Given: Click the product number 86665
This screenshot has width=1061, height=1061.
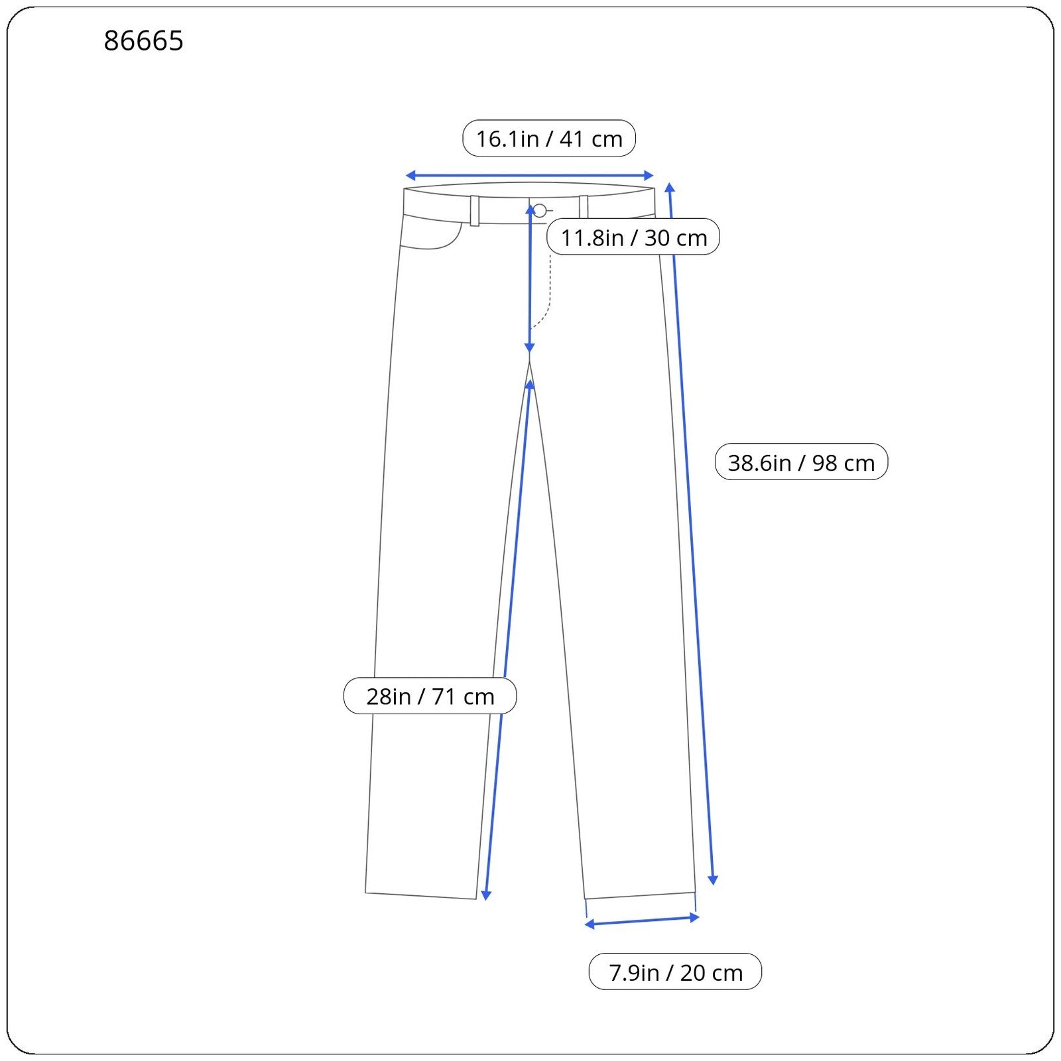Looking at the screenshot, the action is coord(143,41).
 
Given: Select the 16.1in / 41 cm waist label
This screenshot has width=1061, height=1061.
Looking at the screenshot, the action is coord(549,139).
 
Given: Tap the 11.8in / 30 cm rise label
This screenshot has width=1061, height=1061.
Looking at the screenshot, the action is coord(633,237).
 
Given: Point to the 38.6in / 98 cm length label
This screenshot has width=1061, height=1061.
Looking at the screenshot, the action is coord(801,462).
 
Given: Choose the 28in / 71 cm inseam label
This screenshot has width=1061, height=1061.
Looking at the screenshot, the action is coord(430,696).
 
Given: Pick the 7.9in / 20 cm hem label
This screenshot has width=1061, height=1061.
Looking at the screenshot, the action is coord(675,972).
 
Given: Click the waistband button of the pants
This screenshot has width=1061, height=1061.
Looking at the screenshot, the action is coord(540,211).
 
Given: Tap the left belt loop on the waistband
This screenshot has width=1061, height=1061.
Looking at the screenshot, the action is coord(475,211).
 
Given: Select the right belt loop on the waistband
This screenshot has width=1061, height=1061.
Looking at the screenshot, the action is coord(584,207).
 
